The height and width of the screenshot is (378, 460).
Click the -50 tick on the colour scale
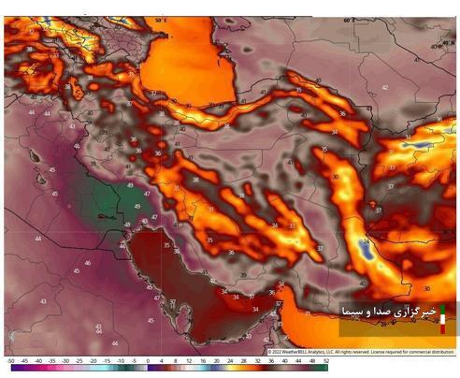click(9, 360)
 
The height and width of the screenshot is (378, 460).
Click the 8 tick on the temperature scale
click(175, 360)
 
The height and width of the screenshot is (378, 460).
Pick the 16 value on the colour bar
click(203, 360)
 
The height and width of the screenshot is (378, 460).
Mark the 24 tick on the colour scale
click(230, 360)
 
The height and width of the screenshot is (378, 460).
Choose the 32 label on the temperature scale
click(257, 360)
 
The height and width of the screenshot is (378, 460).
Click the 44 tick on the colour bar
click(298, 360)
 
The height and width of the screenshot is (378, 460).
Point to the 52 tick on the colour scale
click(325, 360)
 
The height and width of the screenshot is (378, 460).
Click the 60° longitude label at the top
click(348, 20)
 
